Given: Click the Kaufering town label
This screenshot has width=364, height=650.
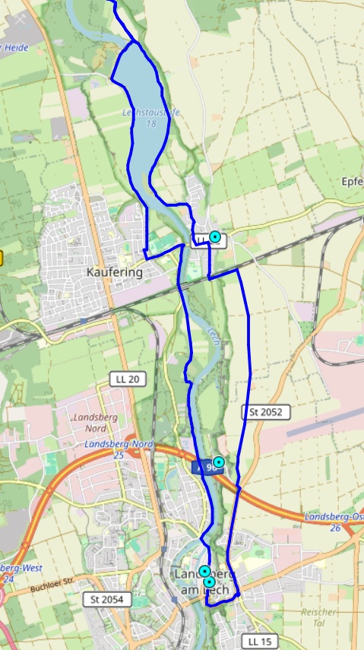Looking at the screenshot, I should coord(115,271).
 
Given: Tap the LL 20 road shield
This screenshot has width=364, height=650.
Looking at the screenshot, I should coord(127,379).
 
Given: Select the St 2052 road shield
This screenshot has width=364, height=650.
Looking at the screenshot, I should coord(266,412).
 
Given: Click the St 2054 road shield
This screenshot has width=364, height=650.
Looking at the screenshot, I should coord(107,600).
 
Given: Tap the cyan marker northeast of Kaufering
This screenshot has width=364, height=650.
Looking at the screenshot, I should coord(215,237).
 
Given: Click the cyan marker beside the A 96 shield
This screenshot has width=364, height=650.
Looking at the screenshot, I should coord(219,461).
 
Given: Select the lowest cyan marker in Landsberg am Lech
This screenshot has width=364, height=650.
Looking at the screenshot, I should coord(209,582).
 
